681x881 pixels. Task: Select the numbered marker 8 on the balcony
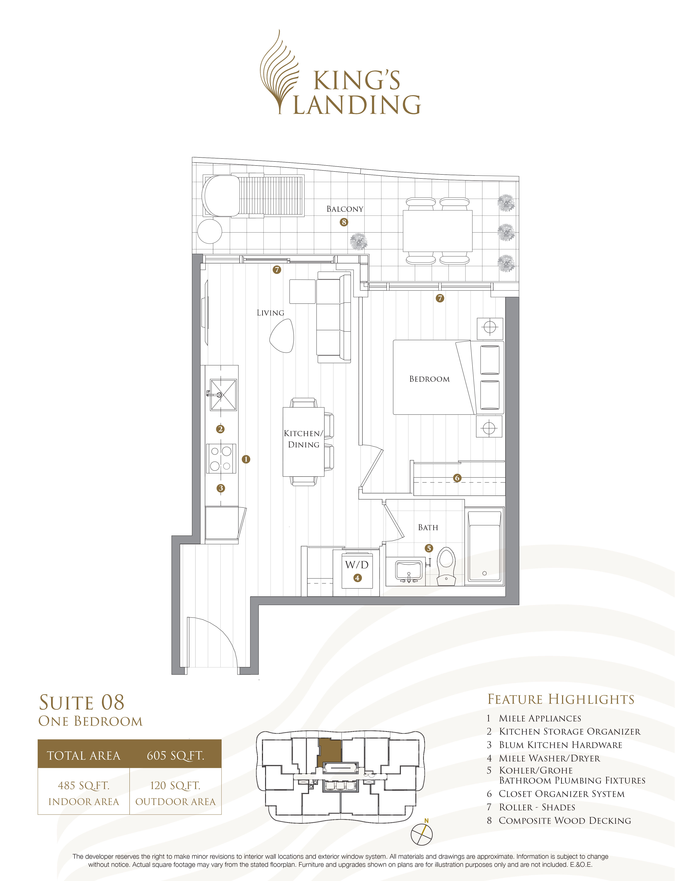pos(344,222)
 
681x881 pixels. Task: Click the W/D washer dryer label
pos(357,565)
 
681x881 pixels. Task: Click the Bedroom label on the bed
pos(429,379)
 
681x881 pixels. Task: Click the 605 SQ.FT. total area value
pos(176,755)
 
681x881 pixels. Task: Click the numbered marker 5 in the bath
pos(429,548)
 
